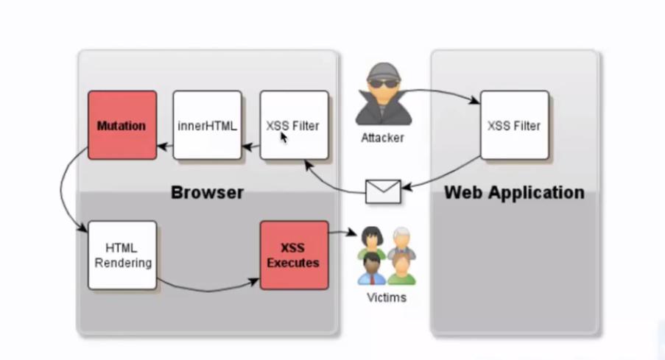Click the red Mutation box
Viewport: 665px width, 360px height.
(122, 125)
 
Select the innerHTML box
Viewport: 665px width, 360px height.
(207, 125)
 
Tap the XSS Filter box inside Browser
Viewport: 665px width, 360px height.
(294, 125)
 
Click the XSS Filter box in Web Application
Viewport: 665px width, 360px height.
(514, 125)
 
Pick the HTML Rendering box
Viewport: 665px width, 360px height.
(122, 255)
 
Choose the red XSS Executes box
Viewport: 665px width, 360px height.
(294, 255)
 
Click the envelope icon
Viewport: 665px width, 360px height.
(383, 191)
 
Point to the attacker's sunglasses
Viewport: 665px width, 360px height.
(381, 82)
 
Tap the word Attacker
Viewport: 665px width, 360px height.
(382, 138)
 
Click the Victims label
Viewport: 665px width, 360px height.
(386, 298)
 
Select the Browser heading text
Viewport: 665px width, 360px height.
(207, 193)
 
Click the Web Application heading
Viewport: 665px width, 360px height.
(514, 193)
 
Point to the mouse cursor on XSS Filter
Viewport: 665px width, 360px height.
(283, 138)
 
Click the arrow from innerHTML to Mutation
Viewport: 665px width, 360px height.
(165, 147)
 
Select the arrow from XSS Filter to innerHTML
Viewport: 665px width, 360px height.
(251, 147)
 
